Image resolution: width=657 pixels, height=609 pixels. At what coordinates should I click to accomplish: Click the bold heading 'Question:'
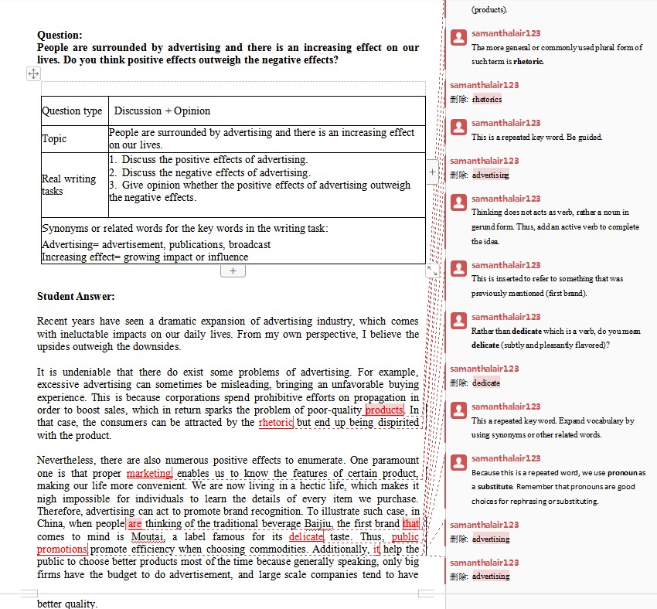point(60,35)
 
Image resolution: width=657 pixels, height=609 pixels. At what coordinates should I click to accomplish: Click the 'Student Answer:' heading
point(76,296)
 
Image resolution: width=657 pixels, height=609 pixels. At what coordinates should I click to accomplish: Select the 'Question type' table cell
point(72,111)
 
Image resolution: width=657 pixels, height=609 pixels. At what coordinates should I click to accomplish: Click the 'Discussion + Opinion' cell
point(162,111)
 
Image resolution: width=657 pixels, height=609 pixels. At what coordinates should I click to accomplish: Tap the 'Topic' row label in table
point(54,139)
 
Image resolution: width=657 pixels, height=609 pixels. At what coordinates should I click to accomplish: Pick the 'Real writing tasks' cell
point(69,185)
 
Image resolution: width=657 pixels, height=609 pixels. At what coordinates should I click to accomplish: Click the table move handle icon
point(33,73)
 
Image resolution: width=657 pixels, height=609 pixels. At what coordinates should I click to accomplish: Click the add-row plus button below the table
point(233,271)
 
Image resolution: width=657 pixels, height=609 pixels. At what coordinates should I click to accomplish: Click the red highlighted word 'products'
point(384,410)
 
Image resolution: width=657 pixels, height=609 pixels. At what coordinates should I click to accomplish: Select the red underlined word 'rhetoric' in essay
point(276,423)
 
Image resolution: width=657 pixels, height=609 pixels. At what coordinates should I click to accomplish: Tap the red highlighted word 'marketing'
point(148,473)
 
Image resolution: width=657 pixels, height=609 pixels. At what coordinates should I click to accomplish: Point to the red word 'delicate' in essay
point(306,536)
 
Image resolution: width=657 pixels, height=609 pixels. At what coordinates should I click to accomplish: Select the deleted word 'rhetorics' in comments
point(487,99)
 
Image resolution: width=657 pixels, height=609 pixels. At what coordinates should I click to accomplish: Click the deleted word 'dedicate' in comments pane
point(486,383)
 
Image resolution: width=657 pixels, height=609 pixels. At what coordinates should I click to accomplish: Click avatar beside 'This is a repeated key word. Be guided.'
point(458,125)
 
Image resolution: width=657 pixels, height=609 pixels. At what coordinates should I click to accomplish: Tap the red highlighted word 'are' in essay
point(135,523)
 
